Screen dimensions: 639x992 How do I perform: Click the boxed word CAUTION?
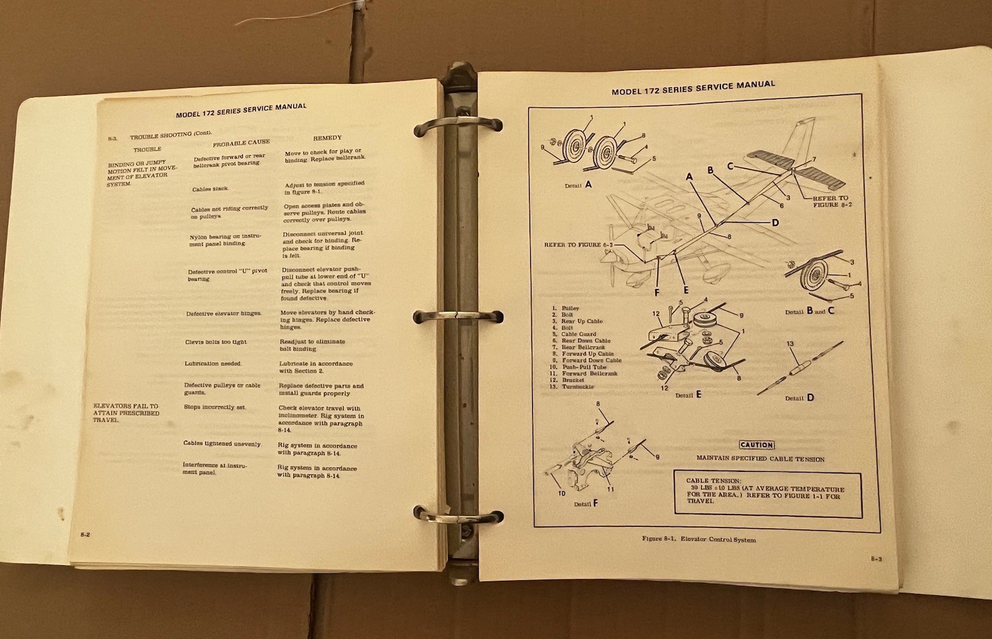[x=756, y=445]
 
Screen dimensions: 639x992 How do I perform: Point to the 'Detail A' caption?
[x=578, y=185]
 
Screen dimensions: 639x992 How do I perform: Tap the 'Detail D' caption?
[x=799, y=398]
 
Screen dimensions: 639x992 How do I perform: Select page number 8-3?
[x=876, y=559]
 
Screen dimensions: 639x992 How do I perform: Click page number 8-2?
[x=85, y=534]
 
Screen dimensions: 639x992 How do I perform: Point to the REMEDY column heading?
[x=327, y=138]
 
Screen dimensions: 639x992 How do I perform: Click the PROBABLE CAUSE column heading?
[x=241, y=143]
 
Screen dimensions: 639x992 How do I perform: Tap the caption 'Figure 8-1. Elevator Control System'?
[x=698, y=539]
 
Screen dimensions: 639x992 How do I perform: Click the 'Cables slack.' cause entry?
[x=210, y=189]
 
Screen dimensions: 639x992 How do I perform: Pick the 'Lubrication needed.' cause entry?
[x=213, y=364]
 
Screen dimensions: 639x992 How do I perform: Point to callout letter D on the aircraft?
[x=775, y=223]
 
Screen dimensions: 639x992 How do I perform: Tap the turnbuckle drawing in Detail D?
[x=800, y=368]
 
